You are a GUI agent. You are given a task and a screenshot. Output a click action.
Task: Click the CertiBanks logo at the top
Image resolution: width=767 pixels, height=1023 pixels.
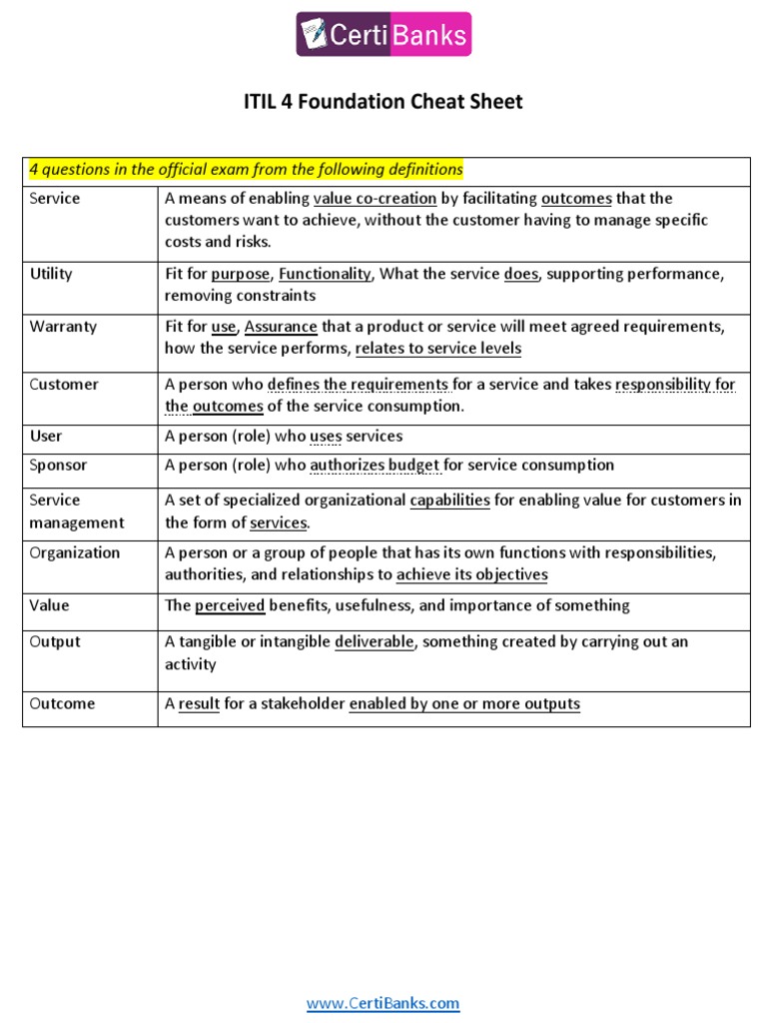click(x=383, y=35)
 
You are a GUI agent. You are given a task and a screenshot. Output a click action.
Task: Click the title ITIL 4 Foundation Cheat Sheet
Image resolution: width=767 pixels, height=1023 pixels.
click(x=383, y=102)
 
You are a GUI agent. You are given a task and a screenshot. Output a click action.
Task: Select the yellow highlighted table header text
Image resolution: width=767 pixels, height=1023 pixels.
click(x=246, y=170)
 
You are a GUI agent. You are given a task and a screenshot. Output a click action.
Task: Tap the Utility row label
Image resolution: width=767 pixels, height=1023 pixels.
click(x=51, y=274)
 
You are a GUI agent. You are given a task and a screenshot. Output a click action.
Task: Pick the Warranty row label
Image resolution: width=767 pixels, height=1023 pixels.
click(x=57, y=327)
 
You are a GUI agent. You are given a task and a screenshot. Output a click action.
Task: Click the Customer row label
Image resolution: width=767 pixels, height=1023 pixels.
click(x=64, y=385)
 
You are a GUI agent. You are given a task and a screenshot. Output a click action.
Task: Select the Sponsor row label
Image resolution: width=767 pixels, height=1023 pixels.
click(x=58, y=465)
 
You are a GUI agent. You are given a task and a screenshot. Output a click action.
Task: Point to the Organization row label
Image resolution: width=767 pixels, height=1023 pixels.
click(x=74, y=552)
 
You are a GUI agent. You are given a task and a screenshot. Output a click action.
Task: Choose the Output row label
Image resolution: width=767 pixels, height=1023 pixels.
click(x=55, y=641)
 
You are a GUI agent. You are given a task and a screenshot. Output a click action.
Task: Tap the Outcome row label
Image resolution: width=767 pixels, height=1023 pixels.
click(x=62, y=703)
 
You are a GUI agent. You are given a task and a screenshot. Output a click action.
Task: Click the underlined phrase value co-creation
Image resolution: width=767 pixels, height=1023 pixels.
click(x=375, y=198)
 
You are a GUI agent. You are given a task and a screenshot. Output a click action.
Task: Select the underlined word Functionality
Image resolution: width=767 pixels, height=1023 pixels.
click(x=325, y=274)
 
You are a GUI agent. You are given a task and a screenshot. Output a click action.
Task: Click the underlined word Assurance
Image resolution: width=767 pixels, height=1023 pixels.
click(x=281, y=327)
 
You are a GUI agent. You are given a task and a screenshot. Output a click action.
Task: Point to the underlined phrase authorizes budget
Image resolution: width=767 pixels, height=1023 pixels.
click(x=375, y=465)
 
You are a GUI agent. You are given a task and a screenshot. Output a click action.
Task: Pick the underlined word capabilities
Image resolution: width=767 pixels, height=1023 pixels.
click(x=449, y=500)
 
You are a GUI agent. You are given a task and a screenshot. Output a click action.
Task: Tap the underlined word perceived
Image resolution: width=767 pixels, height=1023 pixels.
click(x=230, y=605)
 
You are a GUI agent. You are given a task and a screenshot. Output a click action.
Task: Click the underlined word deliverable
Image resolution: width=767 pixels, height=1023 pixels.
click(x=374, y=641)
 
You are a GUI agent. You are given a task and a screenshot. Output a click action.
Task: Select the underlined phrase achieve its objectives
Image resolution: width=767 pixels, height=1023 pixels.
click(x=471, y=574)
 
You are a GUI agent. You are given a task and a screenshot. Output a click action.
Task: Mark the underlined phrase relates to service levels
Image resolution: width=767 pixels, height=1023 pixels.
click(x=437, y=349)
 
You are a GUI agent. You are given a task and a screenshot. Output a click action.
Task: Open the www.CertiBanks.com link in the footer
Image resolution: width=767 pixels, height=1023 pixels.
click(x=383, y=1004)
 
